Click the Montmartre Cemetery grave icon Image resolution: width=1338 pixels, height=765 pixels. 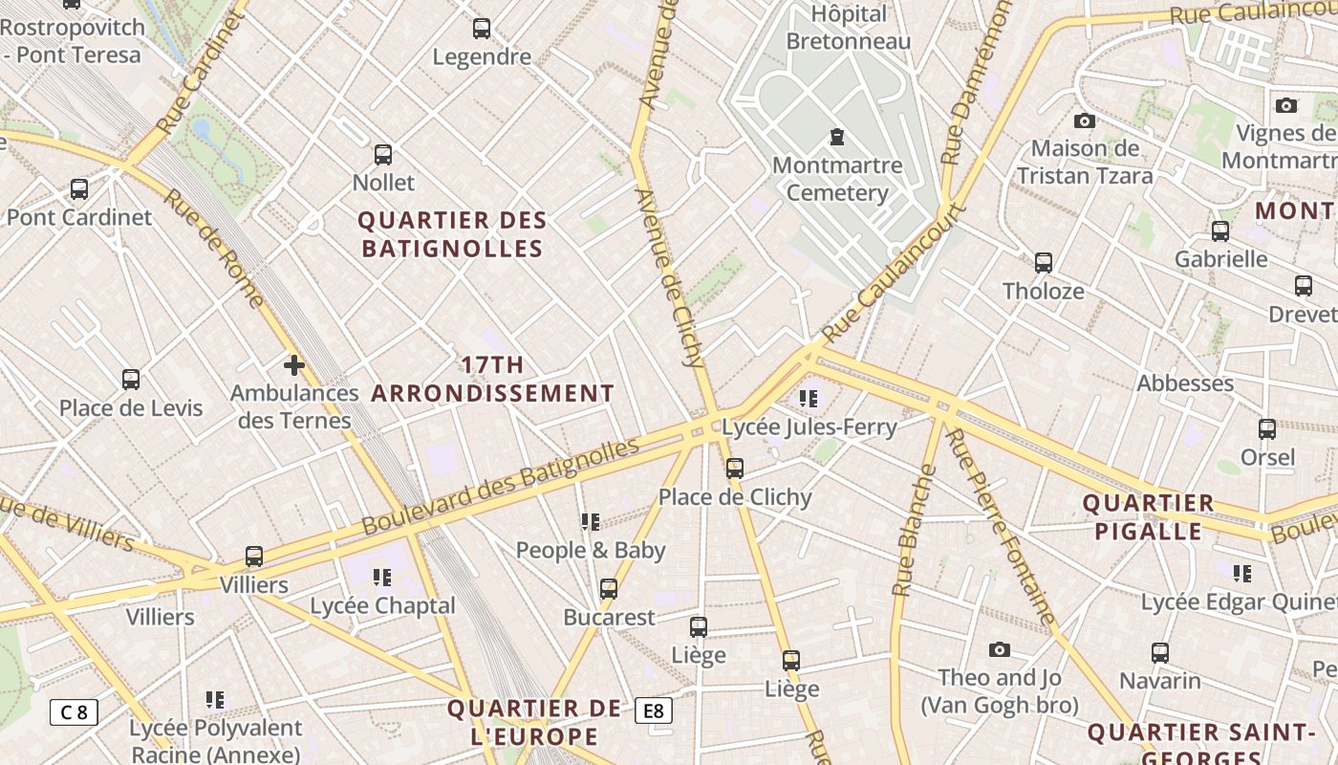coord(837,137)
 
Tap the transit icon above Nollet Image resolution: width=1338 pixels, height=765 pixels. coord(383,154)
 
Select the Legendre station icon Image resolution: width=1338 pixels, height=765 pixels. coord(482,29)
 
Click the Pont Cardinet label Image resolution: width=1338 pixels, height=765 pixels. coord(79,217)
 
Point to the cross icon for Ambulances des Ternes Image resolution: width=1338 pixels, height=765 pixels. coord(294,365)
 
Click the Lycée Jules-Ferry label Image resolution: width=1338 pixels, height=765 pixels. coord(809,426)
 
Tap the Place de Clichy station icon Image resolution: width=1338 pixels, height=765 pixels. coord(734,469)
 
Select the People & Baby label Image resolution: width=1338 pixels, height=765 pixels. coord(591,550)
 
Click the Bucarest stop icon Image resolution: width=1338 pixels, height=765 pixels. coord(609,589)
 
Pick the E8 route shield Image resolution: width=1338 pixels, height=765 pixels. coord(654,710)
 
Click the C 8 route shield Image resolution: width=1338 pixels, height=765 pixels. coord(74,711)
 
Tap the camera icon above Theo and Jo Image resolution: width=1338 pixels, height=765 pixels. coord(999,650)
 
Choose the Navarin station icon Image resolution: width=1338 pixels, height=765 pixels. coord(1159,653)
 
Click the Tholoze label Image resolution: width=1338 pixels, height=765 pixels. coord(1043,291)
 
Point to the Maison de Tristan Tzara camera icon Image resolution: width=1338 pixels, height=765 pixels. coord(1084,120)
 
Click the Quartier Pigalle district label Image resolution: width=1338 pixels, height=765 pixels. coord(1148,517)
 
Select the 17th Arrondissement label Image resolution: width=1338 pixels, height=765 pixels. coord(492,379)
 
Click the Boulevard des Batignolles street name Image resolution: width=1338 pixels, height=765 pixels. coord(501,486)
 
